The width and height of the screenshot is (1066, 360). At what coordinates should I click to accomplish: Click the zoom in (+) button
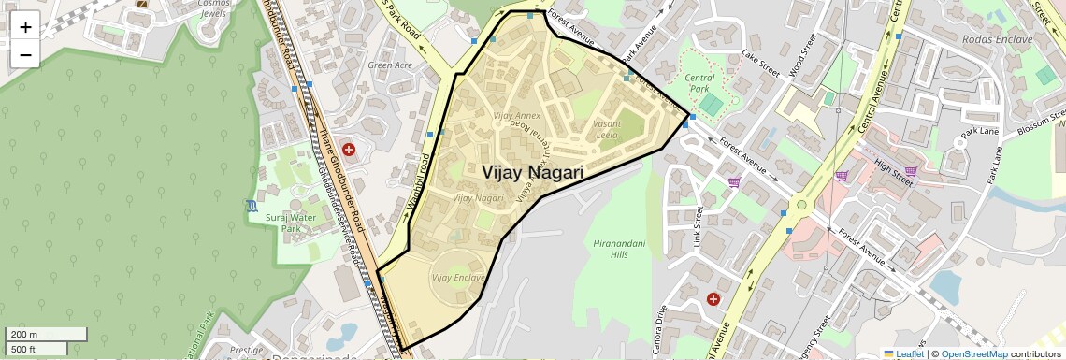click(25, 26)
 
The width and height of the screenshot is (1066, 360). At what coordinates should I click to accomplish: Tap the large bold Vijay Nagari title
click(533, 173)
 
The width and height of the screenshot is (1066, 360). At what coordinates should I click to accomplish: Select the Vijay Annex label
click(516, 116)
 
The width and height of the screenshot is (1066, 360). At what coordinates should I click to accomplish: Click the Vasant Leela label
click(606, 129)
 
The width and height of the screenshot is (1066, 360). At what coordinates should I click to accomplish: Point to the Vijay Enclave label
click(458, 278)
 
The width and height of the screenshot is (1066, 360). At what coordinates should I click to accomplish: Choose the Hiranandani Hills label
click(618, 249)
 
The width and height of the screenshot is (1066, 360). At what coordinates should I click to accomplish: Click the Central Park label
click(699, 83)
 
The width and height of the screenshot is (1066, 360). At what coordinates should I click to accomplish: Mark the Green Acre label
click(390, 65)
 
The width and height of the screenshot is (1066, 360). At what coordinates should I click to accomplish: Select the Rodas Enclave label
click(997, 39)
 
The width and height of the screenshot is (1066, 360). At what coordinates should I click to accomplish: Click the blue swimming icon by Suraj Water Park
click(252, 205)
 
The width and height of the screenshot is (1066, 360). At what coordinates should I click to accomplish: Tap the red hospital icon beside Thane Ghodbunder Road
click(349, 149)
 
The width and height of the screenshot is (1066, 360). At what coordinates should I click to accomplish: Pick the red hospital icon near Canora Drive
click(713, 298)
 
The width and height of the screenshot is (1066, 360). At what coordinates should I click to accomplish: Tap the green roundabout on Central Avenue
click(800, 204)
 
